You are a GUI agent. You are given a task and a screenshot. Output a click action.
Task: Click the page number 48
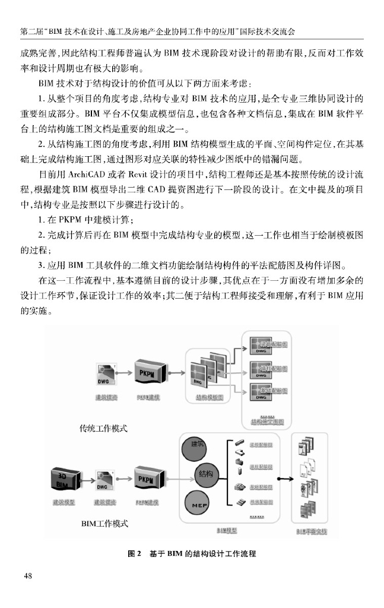[28, 575]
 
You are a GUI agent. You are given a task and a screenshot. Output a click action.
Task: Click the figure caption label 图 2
[134, 553]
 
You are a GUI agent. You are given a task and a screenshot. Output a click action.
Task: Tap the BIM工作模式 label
[104, 524]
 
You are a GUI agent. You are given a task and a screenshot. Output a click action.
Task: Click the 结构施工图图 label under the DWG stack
[266, 422]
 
